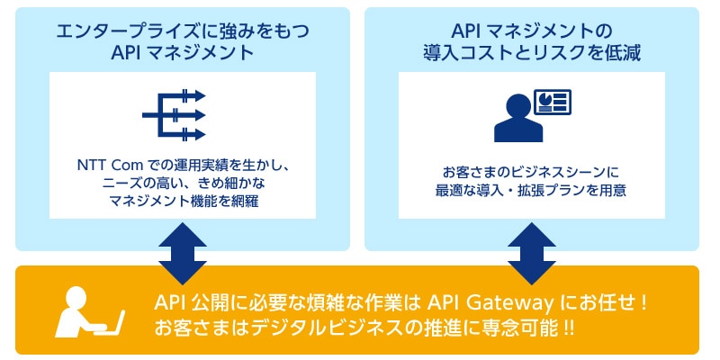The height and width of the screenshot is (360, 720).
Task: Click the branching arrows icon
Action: (x=174, y=115)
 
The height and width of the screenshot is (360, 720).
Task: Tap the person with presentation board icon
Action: (x=532, y=116)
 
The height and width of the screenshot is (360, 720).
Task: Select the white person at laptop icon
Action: (x=89, y=312)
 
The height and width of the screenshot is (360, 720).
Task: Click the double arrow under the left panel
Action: (x=183, y=254)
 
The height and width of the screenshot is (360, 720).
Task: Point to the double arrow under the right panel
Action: (x=532, y=254)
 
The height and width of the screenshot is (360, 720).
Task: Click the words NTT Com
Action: (x=107, y=165)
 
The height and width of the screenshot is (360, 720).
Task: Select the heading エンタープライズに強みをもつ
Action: (x=183, y=31)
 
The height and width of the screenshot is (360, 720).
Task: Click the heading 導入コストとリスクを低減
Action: (x=532, y=54)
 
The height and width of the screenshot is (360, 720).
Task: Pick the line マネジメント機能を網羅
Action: (x=183, y=202)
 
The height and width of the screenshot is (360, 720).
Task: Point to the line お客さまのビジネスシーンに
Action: (x=532, y=173)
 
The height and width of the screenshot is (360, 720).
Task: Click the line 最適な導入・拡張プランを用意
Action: (x=532, y=192)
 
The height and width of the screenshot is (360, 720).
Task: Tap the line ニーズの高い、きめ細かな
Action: (x=183, y=184)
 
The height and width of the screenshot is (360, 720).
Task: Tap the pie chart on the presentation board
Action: (x=546, y=98)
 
